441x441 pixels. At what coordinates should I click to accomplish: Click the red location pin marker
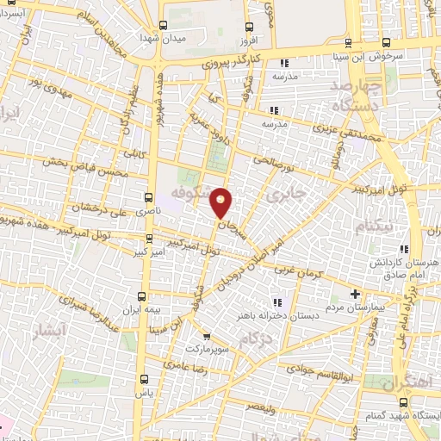[222, 203]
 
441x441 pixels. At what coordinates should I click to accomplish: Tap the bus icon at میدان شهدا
[164, 25]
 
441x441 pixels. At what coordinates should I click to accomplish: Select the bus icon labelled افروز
[249, 26]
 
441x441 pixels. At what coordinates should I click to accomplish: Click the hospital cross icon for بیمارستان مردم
[356, 293]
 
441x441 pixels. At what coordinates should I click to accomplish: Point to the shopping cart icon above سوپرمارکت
[206, 335]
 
